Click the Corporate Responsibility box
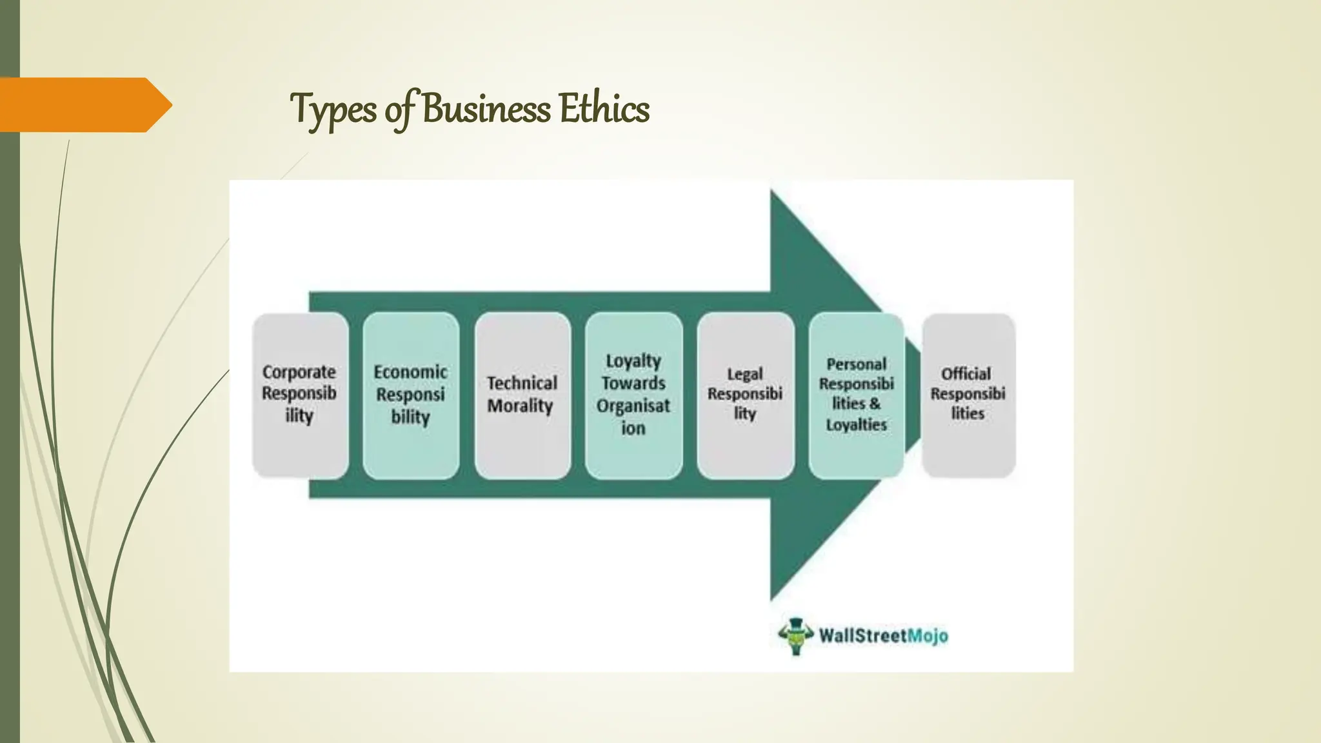point(300,395)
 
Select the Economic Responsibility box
point(411,395)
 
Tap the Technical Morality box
point(522,395)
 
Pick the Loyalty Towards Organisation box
point(633,395)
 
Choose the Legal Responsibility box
point(745,395)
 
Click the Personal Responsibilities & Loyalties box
point(857,395)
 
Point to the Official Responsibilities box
point(968,395)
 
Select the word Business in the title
point(487,108)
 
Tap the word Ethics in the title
point(604,108)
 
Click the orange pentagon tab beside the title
point(84,104)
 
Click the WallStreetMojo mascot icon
point(795,636)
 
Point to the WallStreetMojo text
point(884,636)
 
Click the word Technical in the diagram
point(522,383)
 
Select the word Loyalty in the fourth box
point(633,361)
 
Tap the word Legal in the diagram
point(745,374)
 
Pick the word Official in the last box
point(966,374)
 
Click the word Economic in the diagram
point(411,372)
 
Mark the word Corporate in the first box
point(299,372)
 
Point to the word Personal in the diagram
point(857,364)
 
